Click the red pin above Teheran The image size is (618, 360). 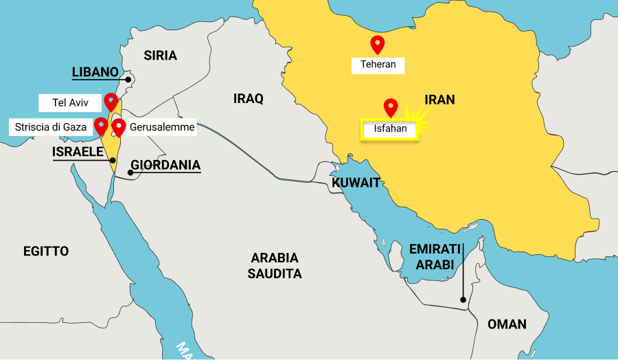click(x=377, y=44)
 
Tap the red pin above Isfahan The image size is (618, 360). click(x=391, y=107)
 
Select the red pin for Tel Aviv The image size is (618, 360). click(x=111, y=102)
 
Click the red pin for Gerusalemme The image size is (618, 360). click(x=118, y=127)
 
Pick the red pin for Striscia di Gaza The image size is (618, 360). click(x=101, y=126)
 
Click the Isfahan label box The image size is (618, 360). click(x=390, y=128)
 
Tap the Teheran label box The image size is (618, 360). click(x=378, y=65)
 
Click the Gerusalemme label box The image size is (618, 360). click(x=162, y=127)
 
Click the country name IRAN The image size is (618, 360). click(x=439, y=100)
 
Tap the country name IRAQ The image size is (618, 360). click(x=248, y=99)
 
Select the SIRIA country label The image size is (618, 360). click(x=160, y=56)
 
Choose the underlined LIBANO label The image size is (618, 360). click(x=95, y=71)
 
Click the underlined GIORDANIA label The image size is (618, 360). click(x=165, y=165)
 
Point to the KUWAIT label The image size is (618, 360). click(x=356, y=183)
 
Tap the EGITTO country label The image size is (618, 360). click(x=46, y=251)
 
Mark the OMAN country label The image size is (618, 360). click(x=507, y=324)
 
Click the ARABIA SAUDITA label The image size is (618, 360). click(x=275, y=266)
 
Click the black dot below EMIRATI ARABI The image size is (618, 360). click(x=463, y=300)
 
